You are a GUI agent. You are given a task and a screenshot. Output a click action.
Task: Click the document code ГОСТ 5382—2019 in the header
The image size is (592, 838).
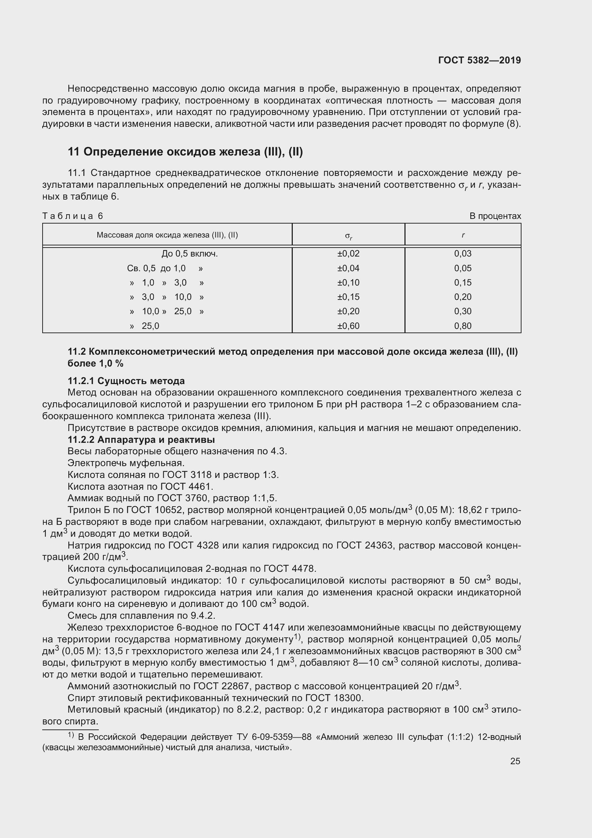point(479,60)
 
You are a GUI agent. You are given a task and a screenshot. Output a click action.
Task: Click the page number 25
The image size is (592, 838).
point(515,761)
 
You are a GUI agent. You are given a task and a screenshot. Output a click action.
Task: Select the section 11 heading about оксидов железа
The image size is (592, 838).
point(185,152)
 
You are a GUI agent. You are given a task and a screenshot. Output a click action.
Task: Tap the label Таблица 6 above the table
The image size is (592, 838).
point(73,216)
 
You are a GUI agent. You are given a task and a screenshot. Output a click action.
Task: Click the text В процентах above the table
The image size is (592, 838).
point(495,216)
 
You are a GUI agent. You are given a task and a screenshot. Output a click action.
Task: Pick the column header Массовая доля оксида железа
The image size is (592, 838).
point(167,235)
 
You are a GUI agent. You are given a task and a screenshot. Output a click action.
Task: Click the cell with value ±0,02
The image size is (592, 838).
point(348,254)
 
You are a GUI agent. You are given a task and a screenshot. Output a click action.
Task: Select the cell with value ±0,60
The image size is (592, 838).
point(348,326)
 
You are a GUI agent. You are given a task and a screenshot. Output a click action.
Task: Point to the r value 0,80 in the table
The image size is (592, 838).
point(462,326)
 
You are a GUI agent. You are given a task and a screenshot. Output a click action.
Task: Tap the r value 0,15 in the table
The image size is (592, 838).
point(462,282)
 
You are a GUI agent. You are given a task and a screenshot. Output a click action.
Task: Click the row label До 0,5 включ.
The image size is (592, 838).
point(190,254)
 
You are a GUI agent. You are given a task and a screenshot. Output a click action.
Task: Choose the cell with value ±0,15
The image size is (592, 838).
point(348,297)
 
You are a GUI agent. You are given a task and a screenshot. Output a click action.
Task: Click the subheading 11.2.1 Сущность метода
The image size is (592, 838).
point(126,381)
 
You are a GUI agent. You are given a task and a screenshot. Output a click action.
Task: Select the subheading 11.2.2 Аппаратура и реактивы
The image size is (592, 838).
point(141,440)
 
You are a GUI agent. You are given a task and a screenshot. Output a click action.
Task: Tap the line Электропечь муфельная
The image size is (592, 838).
point(126,463)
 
